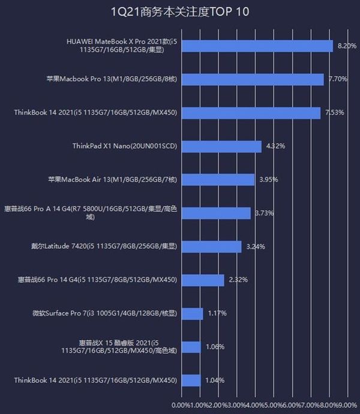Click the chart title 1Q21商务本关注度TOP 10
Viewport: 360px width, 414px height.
coord(180,11)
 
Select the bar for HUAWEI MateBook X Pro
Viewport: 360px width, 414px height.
coord(257,46)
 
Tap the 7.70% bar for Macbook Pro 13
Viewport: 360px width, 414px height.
coord(252,79)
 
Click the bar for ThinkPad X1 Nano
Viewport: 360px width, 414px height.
coord(221,146)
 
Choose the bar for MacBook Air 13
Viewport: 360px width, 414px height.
coord(217,179)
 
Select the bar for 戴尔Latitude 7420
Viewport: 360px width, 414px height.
coord(211,247)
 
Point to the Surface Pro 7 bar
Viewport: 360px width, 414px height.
coord(192,313)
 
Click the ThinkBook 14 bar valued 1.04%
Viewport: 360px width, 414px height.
coord(191,380)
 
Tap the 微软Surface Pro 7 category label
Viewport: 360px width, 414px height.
coord(105,313)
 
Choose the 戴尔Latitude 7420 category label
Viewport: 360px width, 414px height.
coord(104,246)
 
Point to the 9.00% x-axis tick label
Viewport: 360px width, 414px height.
coord(349,404)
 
